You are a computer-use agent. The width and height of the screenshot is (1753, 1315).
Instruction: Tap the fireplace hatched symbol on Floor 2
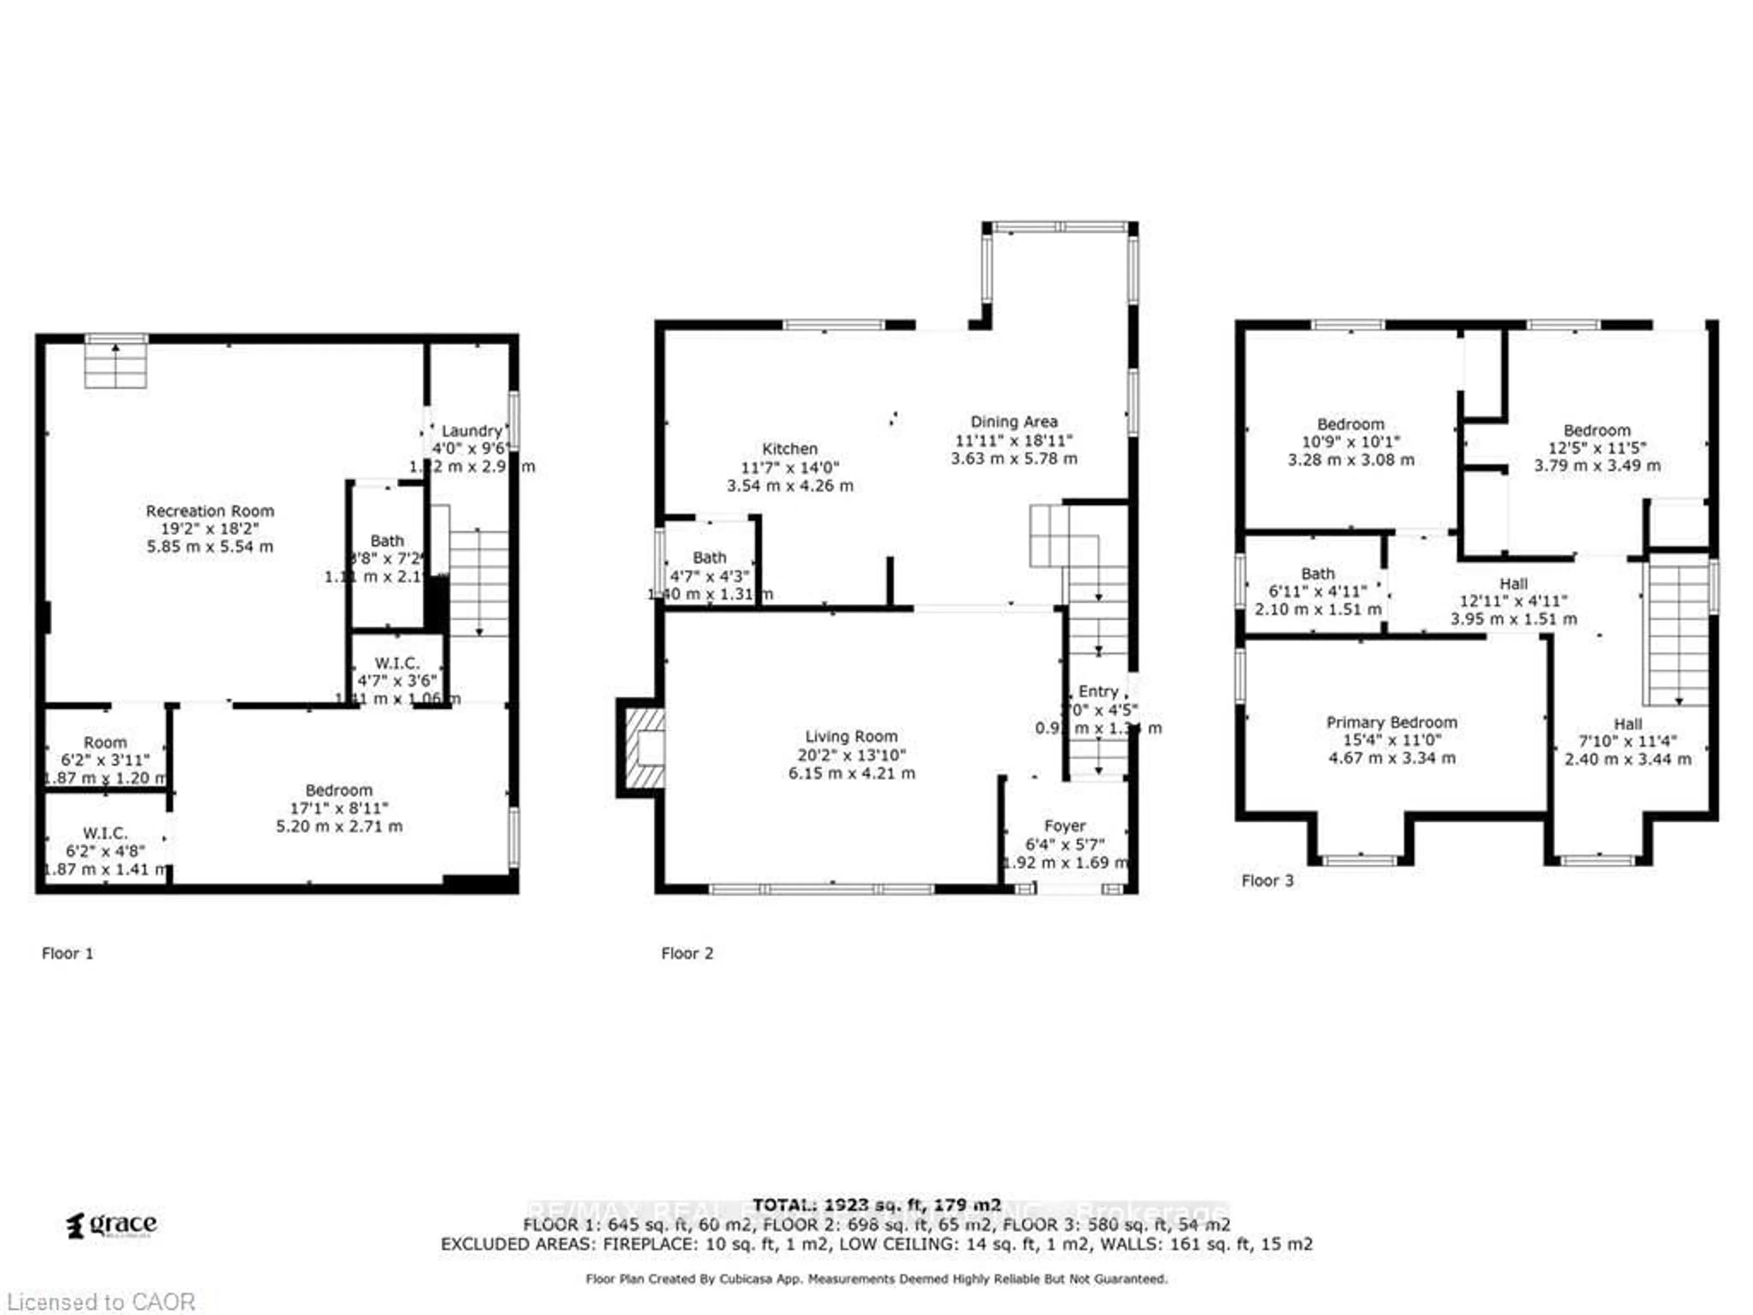tap(644, 747)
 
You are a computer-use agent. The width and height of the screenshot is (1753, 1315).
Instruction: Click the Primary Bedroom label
tap(1391, 722)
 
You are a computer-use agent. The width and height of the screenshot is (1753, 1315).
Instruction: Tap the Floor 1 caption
tap(68, 953)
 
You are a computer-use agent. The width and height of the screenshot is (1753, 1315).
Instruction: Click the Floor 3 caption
tap(1267, 881)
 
